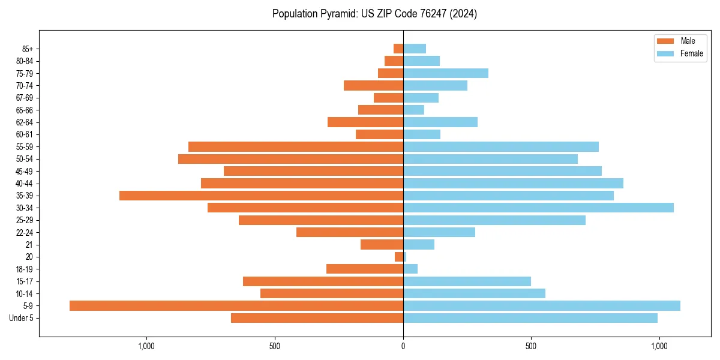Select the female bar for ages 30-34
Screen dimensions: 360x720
click(x=538, y=208)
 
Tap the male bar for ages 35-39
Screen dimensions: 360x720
click(x=261, y=196)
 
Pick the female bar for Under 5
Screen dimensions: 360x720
click(x=530, y=318)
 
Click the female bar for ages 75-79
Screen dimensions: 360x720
click(x=446, y=73)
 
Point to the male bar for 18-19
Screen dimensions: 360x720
click(x=365, y=269)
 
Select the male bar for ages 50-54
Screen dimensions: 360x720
click(x=290, y=159)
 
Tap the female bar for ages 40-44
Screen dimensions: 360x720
click(x=513, y=183)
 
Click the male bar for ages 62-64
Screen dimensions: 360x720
click(x=365, y=122)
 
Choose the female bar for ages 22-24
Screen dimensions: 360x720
click(x=439, y=232)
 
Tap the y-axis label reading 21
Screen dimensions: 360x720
click(x=29, y=245)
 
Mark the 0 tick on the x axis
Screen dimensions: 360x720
click(x=403, y=346)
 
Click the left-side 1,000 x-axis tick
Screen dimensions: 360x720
click(x=146, y=346)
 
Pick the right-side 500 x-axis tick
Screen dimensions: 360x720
click(x=531, y=346)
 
